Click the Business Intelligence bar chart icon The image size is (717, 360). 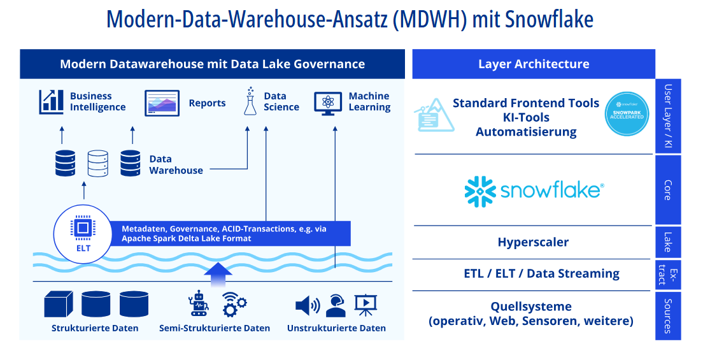[52, 102]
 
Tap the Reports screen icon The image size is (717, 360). [162, 103]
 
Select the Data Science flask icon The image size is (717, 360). [250, 102]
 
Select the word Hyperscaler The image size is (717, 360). [533, 242]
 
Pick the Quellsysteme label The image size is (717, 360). [531, 306]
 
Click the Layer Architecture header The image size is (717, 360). [534, 64]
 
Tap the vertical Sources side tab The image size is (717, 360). [668, 315]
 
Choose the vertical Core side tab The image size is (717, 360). [668, 190]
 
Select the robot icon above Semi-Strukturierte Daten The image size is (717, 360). [199, 304]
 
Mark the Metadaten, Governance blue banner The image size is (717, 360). [229, 233]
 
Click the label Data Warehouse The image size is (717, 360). [176, 164]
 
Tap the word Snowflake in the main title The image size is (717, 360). [549, 19]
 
